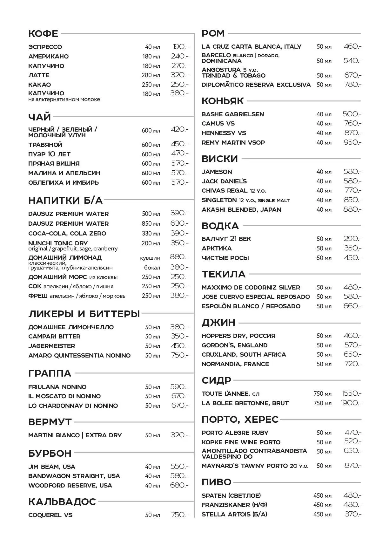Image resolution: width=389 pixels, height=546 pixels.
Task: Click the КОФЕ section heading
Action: [x=43, y=34]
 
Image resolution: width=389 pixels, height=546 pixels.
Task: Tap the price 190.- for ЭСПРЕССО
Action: [x=180, y=47]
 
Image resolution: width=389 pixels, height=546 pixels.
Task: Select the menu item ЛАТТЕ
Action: [x=39, y=75]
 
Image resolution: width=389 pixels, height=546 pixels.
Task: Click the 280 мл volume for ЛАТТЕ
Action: [x=151, y=75]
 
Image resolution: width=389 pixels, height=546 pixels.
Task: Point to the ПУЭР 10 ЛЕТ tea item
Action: [x=49, y=154]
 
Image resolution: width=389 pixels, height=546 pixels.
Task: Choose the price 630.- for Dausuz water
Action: [x=179, y=223]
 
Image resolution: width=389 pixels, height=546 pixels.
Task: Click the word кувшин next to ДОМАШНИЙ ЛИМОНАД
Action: [x=150, y=258]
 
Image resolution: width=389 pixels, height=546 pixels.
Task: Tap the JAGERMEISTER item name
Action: [x=51, y=346]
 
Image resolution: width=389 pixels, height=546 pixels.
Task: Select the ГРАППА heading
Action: [x=50, y=373]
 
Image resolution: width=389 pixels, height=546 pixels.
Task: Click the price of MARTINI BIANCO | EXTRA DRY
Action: [x=179, y=435]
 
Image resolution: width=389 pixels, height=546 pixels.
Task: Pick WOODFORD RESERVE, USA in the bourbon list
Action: [x=70, y=485]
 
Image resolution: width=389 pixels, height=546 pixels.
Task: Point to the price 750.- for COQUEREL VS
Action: [x=179, y=515]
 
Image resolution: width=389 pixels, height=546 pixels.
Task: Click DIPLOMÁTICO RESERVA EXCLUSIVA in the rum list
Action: [x=256, y=85]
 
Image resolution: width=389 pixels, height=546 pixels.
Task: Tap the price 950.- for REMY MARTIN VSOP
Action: [x=352, y=142]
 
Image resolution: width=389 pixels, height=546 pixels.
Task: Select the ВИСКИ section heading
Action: [x=220, y=159]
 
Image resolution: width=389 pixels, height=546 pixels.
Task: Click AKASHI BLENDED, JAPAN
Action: [x=241, y=209]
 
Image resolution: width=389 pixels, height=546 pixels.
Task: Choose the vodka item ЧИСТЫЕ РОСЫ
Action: [x=225, y=258]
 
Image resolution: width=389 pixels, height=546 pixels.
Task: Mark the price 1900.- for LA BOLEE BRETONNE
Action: [x=351, y=403]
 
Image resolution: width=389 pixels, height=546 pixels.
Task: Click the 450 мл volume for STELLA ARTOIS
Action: [x=322, y=514]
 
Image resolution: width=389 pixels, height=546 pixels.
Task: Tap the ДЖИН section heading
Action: [x=218, y=323]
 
